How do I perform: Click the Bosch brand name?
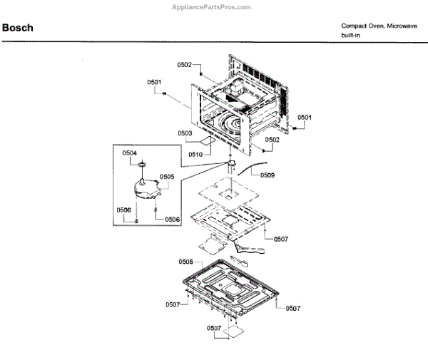pyautogui.click(x=18, y=29)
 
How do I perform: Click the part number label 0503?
pyautogui.click(x=185, y=133)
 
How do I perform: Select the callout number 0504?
pyautogui.click(x=129, y=153)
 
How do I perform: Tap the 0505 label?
pyautogui.click(x=167, y=176)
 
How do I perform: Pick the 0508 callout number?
pyautogui.click(x=186, y=262)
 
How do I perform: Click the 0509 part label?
pyautogui.click(x=267, y=175)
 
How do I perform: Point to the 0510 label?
pyautogui.click(x=196, y=155)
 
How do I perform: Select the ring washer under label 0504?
pyautogui.click(x=142, y=165)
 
